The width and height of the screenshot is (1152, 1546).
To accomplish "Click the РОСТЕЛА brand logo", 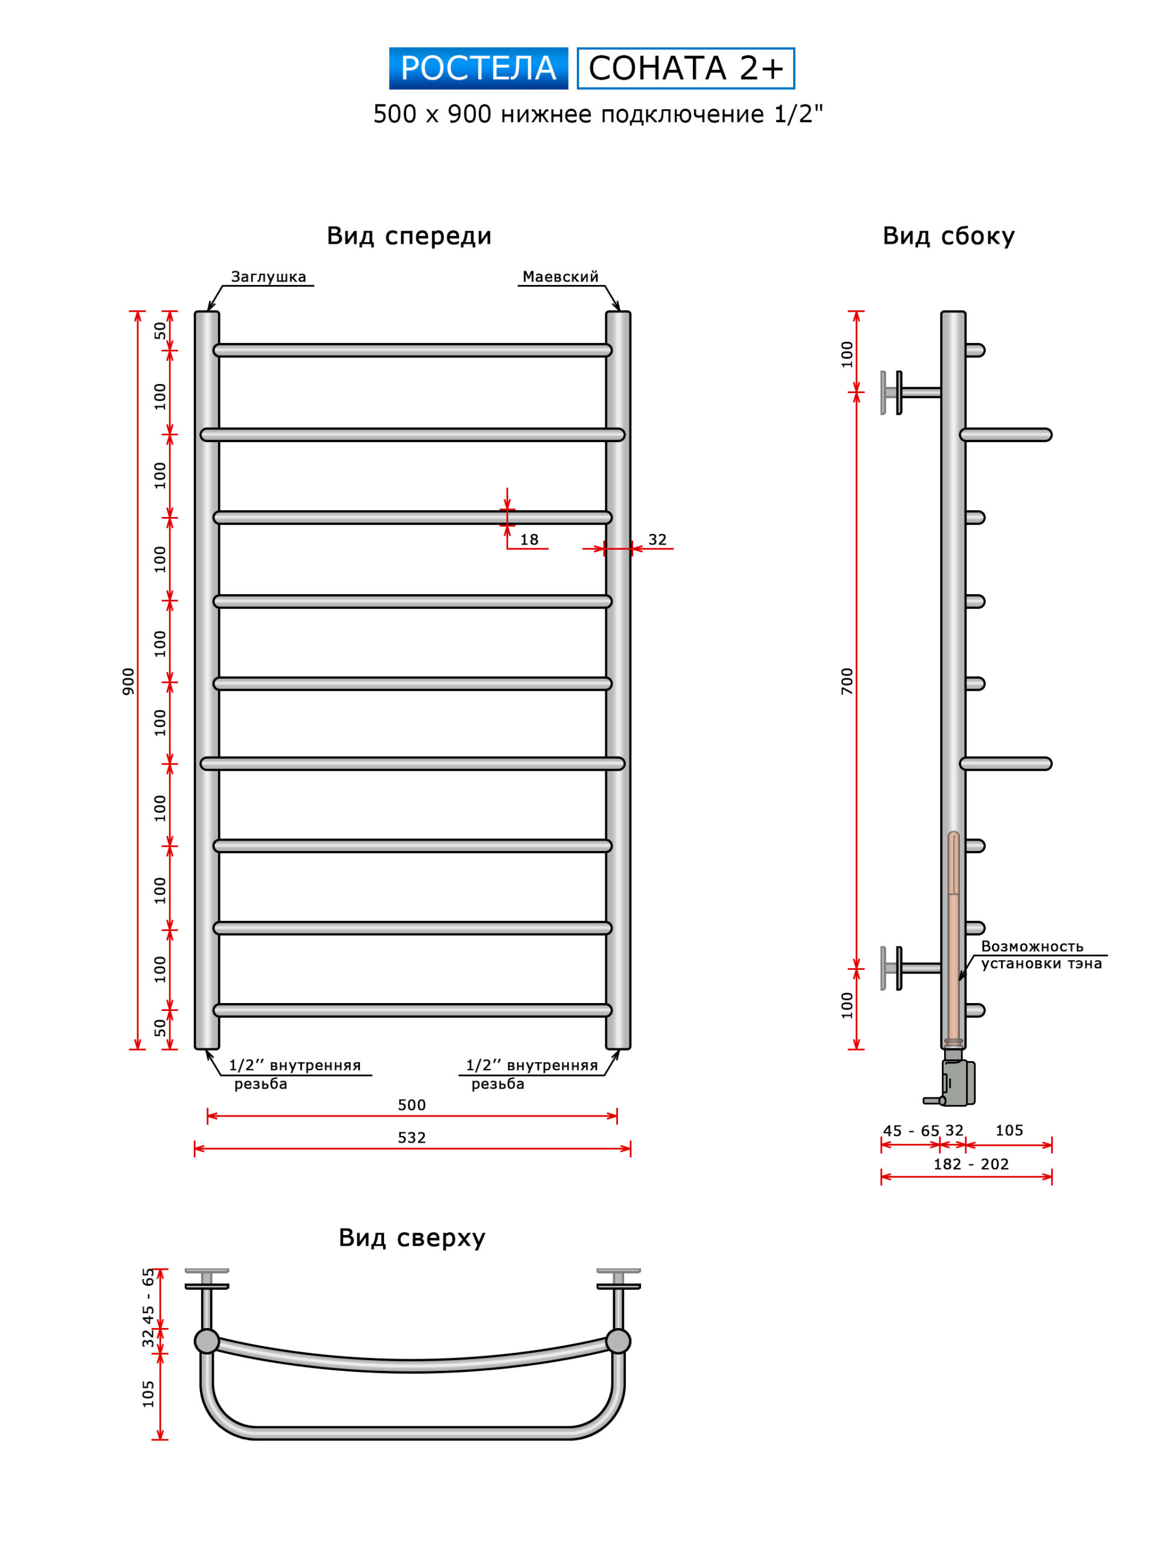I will point(478,68).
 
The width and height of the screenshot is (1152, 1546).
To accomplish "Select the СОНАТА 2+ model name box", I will point(686,68).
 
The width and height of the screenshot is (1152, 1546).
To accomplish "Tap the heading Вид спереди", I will point(410,236).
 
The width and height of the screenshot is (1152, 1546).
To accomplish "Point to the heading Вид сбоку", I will point(948,236).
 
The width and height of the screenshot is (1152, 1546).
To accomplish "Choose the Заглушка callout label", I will point(268,277).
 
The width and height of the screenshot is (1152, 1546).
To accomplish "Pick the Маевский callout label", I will point(560,277).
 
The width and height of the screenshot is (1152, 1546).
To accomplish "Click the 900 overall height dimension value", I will point(128,681).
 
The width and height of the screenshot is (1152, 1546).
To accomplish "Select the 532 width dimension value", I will point(411,1138).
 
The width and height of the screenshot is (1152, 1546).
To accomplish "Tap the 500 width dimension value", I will point(411,1105).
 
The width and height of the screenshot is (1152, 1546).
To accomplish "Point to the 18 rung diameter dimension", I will point(529,539).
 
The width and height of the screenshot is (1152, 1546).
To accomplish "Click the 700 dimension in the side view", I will point(846,681).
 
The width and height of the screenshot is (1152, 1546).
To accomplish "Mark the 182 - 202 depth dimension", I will point(971,1164).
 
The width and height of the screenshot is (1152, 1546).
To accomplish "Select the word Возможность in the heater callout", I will point(1032,946).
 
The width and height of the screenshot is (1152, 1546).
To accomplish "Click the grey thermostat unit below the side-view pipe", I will point(957,1082).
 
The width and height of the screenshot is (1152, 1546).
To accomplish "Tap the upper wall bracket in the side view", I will point(907,393).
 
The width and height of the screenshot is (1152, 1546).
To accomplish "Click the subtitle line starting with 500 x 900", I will point(598,114).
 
